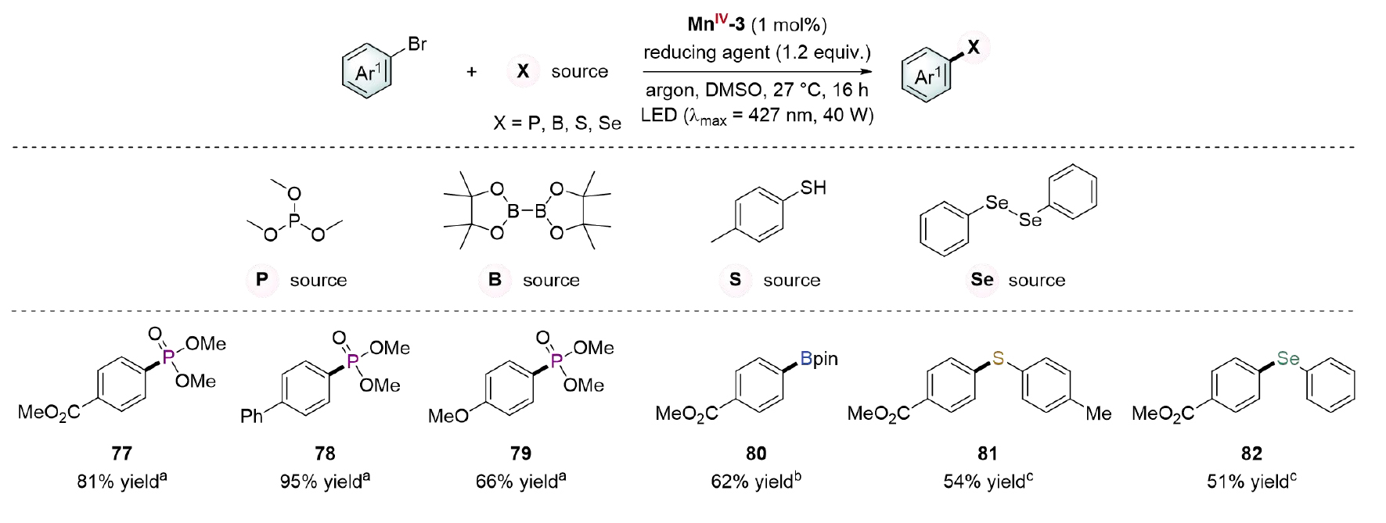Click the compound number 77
pos(121,453)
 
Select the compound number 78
pos(325,453)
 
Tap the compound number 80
pos(756,453)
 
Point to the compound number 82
pos(1251,453)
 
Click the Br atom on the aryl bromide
pos(417,45)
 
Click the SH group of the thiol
pos(813,188)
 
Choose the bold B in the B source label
pos(495,280)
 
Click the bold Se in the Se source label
pos(982,280)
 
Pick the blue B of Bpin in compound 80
pos(806,359)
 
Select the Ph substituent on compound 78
pos(252,416)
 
